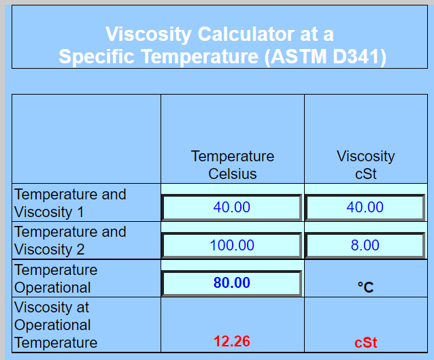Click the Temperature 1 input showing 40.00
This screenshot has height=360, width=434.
(x=231, y=208)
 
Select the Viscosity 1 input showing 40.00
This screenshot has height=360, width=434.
(x=365, y=208)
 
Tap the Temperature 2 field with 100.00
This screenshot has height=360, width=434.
(x=231, y=246)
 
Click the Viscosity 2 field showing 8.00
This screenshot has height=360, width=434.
(x=365, y=246)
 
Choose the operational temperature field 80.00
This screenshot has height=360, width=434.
(x=231, y=283)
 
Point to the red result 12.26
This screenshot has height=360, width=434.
(x=232, y=341)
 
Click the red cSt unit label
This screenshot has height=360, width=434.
(x=365, y=342)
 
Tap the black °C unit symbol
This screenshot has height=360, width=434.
(x=365, y=287)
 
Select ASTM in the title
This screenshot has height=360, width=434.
(x=299, y=56)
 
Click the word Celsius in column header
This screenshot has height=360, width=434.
(x=233, y=174)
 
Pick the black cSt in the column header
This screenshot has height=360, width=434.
(x=365, y=174)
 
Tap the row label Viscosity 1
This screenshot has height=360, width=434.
(x=49, y=212)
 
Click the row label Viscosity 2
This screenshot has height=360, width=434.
(x=49, y=250)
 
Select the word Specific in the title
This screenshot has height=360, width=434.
(x=97, y=56)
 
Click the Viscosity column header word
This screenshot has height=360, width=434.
(x=365, y=157)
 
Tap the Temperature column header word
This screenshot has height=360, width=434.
(x=233, y=157)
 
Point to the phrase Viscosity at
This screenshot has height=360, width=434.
(x=52, y=308)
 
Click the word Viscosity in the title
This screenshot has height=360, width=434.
(x=148, y=35)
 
